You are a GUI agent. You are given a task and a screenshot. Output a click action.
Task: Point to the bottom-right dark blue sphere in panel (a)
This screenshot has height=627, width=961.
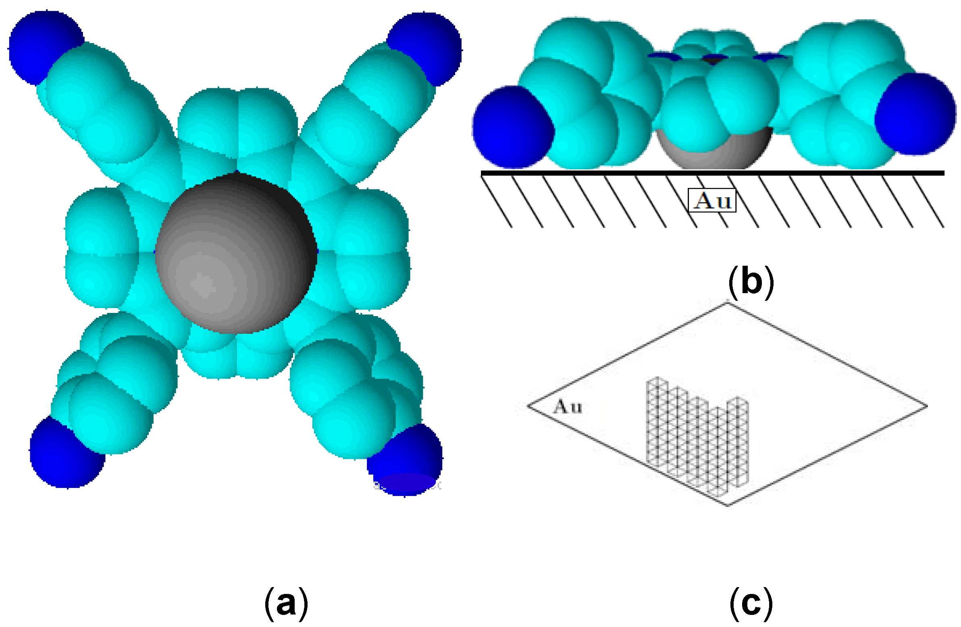[406, 460]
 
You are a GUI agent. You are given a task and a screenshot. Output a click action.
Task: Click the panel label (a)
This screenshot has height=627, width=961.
[286, 604]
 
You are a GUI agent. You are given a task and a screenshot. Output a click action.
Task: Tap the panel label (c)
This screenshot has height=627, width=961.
[751, 604]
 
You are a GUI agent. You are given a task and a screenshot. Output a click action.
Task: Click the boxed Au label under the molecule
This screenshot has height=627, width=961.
[712, 200]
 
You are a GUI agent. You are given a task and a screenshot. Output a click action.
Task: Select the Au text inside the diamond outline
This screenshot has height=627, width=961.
[568, 406]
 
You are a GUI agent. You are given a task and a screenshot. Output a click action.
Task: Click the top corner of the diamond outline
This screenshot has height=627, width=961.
[728, 303]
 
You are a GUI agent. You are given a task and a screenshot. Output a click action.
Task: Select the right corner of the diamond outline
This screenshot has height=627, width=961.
[927, 406]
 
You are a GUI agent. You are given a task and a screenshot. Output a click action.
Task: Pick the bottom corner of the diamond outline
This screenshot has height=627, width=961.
[728, 505]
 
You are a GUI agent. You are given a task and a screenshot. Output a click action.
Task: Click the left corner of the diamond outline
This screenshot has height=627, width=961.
[528, 406]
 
